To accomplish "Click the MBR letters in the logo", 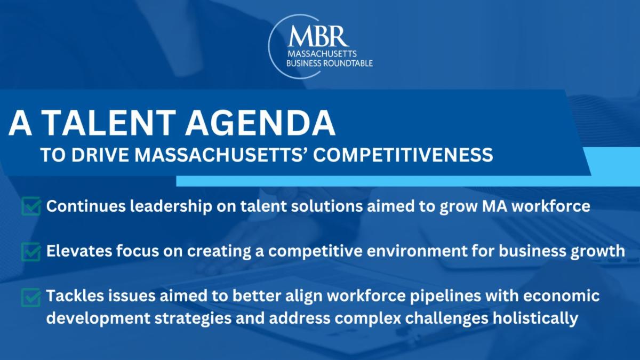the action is coord(318,36).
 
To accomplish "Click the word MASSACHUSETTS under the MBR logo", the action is coord(322,54).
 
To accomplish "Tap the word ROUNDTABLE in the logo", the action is coord(347,63).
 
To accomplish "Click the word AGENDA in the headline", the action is coord(260,123).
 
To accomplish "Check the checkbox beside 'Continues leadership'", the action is coord(31,206).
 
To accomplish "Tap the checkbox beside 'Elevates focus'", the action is coord(31,251).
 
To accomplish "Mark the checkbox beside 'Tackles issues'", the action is coord(31,297).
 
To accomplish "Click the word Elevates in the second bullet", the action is coord(79,251).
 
